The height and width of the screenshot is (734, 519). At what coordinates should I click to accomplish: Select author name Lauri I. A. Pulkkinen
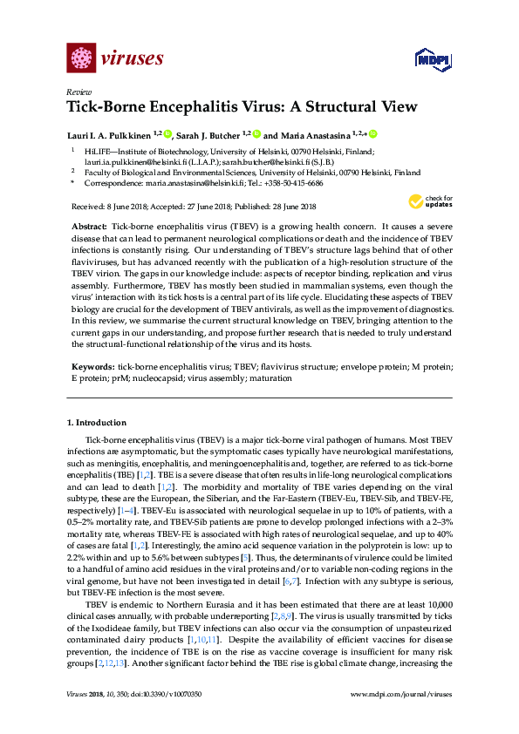[111, 135]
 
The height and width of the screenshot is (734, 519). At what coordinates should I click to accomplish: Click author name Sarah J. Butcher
[208, 135]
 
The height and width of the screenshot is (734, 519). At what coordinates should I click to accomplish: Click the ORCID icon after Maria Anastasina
[372, 134]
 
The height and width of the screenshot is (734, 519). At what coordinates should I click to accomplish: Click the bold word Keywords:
[92, 369]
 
